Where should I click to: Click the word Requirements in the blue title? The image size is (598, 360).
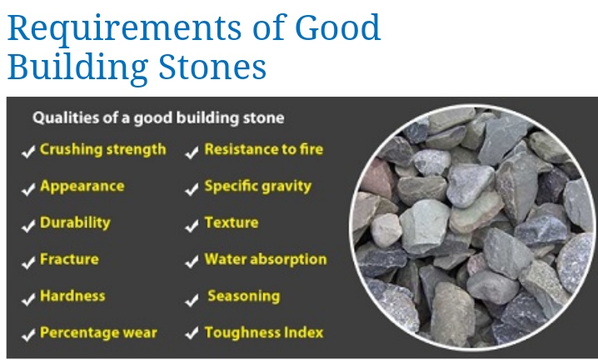[x=124, y=28]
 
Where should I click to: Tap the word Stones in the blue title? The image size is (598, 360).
[x=212, y=67]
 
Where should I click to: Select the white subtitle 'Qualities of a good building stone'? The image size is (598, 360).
[x=158, y=118]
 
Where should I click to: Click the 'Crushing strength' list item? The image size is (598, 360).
[x=103, y=150]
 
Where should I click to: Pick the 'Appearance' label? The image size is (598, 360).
[x=82, y=187]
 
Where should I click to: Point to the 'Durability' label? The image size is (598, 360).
[x=75, y=223]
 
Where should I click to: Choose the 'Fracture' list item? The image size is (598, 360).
[x=69, y=260]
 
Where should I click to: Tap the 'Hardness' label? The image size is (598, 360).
[x=72, y=296]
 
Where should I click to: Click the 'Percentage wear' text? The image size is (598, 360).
[x=98, y=332]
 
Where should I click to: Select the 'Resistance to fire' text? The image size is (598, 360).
[x=263, y=149]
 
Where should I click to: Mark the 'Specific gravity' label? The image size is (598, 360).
[x=258, y=187]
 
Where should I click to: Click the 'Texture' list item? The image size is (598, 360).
[x=232, y=222]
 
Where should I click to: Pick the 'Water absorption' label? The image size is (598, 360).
[x=266, y=260]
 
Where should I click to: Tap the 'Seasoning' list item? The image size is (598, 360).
[x=244, y=297]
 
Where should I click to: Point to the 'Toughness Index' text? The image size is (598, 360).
[x=264, y=332]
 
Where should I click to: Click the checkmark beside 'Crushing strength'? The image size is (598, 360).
[x=28, y=152]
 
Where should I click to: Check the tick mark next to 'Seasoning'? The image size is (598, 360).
[x=192, y=299]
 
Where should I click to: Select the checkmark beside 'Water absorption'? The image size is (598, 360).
[x=192, y=262]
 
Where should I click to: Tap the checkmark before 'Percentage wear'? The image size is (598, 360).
[x=28, y=335]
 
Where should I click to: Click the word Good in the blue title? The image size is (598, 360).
[x=338, y=27]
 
